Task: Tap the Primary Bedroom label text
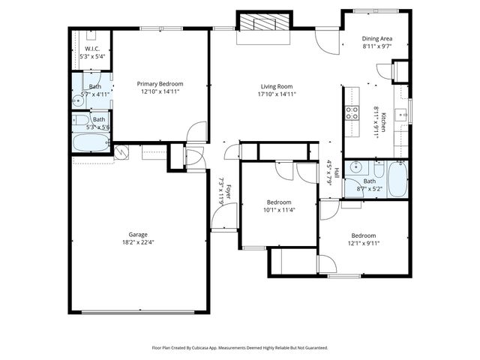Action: [x=159, y=84]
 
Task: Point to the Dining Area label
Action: [x=377, y=38]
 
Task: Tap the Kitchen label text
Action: [x=383, y=121]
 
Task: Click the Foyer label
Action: [x=228, y=193]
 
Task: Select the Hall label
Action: [x=337, y=173]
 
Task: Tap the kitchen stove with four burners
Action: [x=351, y=112]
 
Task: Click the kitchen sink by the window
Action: [x=402, y=115]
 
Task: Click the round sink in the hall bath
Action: [x=357, y=166]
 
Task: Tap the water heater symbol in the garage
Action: [x=121, y=152]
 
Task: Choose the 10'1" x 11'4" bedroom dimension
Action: [x=279, y=211]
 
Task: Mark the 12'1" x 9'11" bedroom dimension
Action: [x=363, y=243]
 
